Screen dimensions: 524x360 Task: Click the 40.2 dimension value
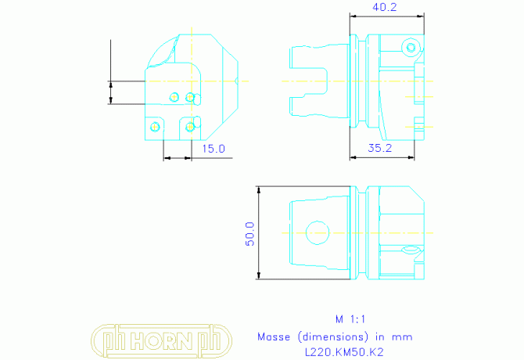(x=385, y=7)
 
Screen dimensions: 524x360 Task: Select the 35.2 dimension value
(x=380, y=148)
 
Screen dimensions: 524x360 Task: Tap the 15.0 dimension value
(x=214, y=149)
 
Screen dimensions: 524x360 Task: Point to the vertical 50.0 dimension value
(x=250, y=234)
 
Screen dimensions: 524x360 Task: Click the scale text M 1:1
(x=350, y=319)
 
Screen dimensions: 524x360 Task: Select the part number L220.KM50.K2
(x=344, y=352)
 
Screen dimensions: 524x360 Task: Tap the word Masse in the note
(x=274, y=337)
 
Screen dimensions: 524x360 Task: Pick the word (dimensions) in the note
(x=333, y=337)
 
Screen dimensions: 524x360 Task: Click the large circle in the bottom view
(x=318, y=221)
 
